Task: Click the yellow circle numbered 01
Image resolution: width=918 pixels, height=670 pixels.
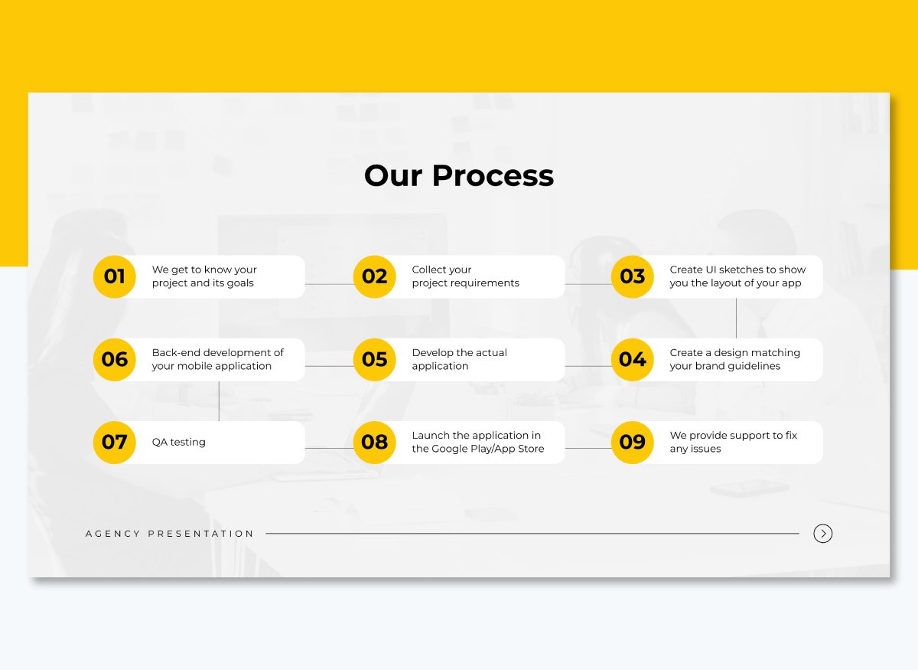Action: click(115, 276)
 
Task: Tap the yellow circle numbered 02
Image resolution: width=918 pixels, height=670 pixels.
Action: click(375, 276)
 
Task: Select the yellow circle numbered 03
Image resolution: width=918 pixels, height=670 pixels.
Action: click(633, 276)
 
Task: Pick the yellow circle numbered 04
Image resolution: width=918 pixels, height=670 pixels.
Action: click(633, 359)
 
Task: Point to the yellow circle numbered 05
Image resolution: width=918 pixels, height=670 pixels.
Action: click(375, 359)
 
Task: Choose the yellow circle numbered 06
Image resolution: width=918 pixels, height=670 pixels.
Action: click(115, 359)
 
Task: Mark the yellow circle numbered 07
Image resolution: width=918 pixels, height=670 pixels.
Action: click(115, 442)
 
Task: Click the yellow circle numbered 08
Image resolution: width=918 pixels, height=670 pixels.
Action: click(375, 442)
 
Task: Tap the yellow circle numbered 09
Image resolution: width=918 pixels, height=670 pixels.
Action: click(633, 442)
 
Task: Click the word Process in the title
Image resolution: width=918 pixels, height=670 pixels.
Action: click(493, 176)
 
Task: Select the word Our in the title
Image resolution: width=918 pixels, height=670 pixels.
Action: click(393, 176)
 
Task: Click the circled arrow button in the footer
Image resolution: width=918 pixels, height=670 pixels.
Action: click(823, 534)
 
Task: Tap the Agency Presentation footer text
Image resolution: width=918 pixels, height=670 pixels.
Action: click(170, 534)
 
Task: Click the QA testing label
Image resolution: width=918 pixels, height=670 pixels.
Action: click(179, 442)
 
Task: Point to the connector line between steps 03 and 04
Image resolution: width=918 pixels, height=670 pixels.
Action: click(736, 318)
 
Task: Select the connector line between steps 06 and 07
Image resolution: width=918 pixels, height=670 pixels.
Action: click(219, 400)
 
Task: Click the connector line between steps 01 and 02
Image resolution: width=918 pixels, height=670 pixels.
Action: click(329, 284)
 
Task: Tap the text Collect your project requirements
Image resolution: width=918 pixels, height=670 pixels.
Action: click(465, 276)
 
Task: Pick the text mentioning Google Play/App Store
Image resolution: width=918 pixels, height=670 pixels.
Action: click(477, 442)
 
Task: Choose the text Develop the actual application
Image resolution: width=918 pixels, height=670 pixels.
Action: click(459, 359)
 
